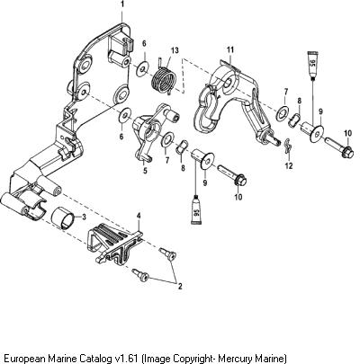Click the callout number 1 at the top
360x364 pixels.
(x=121, y=4)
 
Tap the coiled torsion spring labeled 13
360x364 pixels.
(x=164, y=78)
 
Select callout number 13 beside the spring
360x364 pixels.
(x=175, y=50)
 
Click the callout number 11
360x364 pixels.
(x=229, y=50)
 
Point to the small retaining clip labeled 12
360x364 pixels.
(x=287, y=146)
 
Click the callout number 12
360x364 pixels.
(x=289, y=165)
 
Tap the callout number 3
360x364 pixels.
(x=84, y=218)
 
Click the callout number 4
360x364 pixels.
(x=139, y=216)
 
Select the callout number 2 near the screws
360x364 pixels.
(x=180, y=286)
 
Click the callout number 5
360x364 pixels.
(x=145, y=171)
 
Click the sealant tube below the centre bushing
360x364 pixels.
(x=196, y=209)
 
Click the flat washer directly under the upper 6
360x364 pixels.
(x=143, y=68)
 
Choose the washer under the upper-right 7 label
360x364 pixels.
(x=282, y=111)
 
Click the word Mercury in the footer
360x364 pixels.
(x=235, y=359)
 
